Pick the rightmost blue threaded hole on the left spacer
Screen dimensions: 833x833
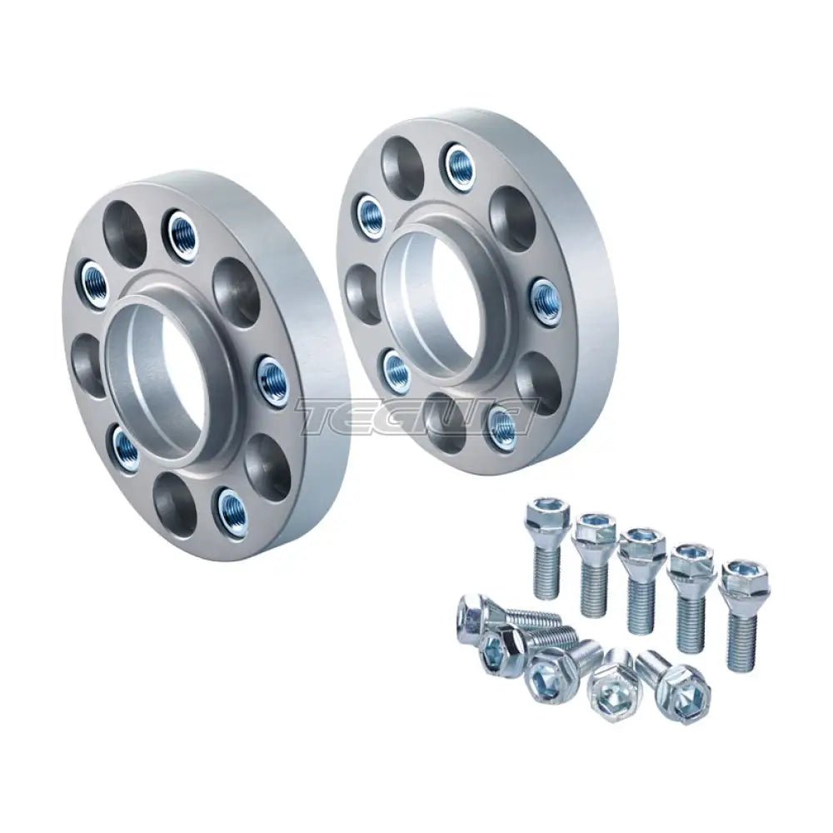coord(272,381)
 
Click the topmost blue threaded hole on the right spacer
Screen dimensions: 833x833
coord(459,166)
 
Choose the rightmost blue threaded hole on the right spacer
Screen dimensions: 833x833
coord(546,302)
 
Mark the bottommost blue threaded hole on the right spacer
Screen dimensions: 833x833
coord(501,426)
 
